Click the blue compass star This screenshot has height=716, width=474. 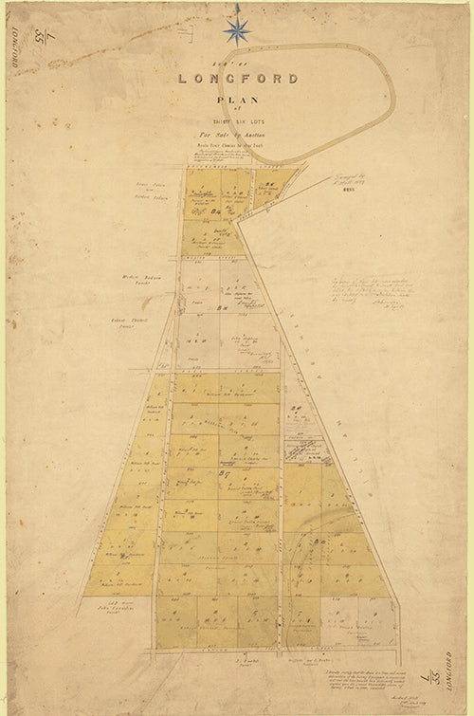236,28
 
